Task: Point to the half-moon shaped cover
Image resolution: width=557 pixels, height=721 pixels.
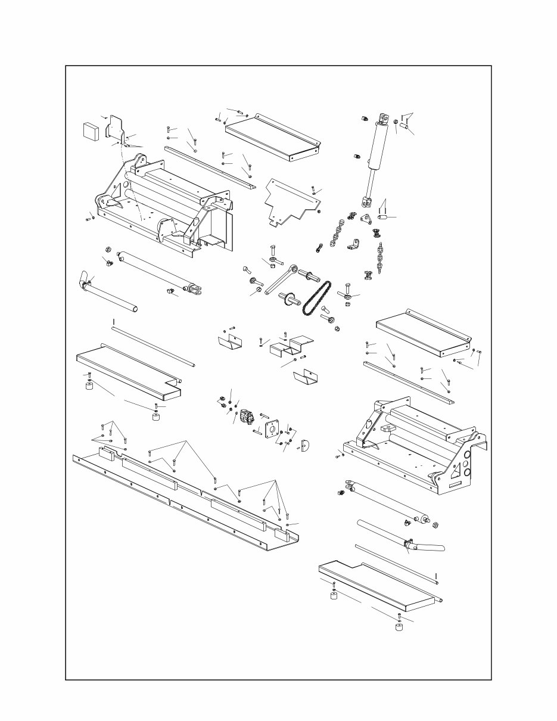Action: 307,446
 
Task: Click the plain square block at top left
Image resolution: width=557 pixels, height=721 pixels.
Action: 91,130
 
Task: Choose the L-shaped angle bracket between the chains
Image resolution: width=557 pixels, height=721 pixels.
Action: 355,244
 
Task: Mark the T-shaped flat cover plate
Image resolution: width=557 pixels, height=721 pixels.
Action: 290,200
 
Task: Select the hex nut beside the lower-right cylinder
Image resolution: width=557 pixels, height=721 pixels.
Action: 435,525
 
